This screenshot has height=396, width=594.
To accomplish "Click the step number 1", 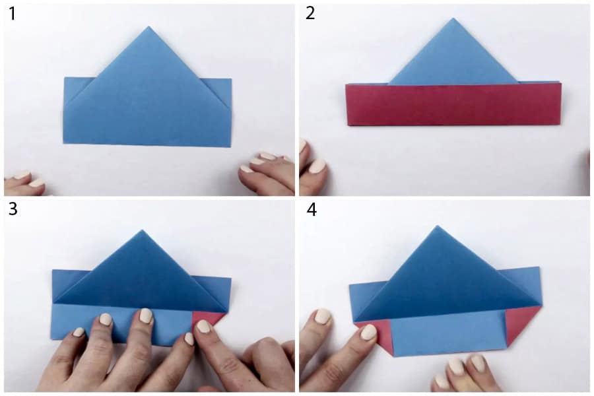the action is [12, 14].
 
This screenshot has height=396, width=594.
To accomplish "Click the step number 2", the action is [310, 13].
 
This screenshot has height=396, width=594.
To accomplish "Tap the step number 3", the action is [13, 209].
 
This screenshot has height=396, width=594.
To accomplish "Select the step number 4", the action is [312, 210].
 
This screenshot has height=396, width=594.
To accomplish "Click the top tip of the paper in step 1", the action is [148, 27].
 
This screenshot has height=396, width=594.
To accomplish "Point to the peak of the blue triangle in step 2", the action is [453, 18].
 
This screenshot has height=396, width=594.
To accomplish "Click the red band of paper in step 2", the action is [453, 104].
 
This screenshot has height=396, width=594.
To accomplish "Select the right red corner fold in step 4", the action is [520, 326].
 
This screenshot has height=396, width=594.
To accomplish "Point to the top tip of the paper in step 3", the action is [142, 230].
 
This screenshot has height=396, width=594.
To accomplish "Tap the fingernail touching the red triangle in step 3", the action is [204, 326].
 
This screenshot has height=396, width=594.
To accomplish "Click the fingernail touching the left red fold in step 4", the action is [368, 333].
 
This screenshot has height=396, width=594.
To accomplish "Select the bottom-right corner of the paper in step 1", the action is [230, 147].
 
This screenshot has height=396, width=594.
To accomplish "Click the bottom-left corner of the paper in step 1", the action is [63, 143].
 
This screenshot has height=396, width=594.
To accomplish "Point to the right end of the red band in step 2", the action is [561, 104].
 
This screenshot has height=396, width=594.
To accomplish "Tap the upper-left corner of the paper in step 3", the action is [52, 270].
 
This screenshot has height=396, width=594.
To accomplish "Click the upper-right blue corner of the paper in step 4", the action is [540, 267].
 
